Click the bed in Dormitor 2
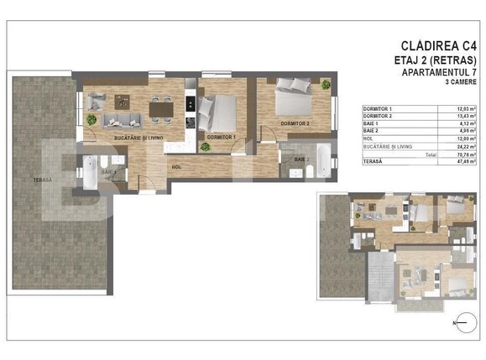[x=293, y=97]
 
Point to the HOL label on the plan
[x=176, y=166]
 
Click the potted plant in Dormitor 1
[x=205, y=146]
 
